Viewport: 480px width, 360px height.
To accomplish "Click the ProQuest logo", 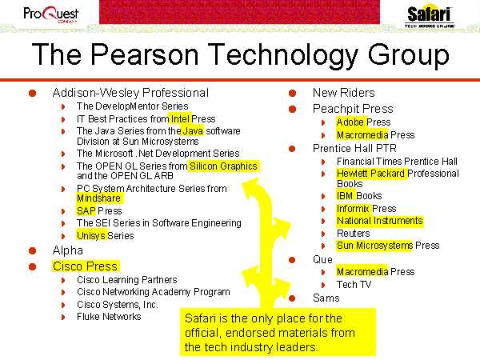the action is coord(51,14).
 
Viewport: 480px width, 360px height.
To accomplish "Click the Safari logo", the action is coord(429,16).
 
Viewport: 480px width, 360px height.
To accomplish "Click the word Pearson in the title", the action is coord(145,54).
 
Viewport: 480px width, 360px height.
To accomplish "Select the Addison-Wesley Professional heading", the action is coord(130,93).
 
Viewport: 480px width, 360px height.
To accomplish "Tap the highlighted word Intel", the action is coord(180,118).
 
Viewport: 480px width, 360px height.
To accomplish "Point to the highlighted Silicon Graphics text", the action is coord(223,166).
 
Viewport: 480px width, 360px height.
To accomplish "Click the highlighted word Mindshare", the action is coord(99,198).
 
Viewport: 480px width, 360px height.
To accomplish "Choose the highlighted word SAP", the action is coord(86,211).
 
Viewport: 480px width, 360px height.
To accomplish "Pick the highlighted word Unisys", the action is coord(91,235).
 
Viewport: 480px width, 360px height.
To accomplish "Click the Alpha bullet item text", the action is coord(68,250).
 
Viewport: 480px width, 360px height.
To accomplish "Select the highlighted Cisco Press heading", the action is coord(85,266).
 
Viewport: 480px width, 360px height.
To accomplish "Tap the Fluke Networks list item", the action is coord(109,317).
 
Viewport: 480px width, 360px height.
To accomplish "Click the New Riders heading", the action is coord(343,93).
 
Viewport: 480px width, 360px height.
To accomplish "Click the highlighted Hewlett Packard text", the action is coord(370,174).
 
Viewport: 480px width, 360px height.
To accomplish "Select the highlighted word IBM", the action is coord(345,196).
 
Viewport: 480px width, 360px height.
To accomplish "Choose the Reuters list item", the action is coord(354,234).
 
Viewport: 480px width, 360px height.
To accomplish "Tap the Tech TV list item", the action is coord(354,284).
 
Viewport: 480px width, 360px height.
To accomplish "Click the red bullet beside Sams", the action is coord(292,298).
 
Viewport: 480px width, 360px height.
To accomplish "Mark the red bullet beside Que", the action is coord(292,260).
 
